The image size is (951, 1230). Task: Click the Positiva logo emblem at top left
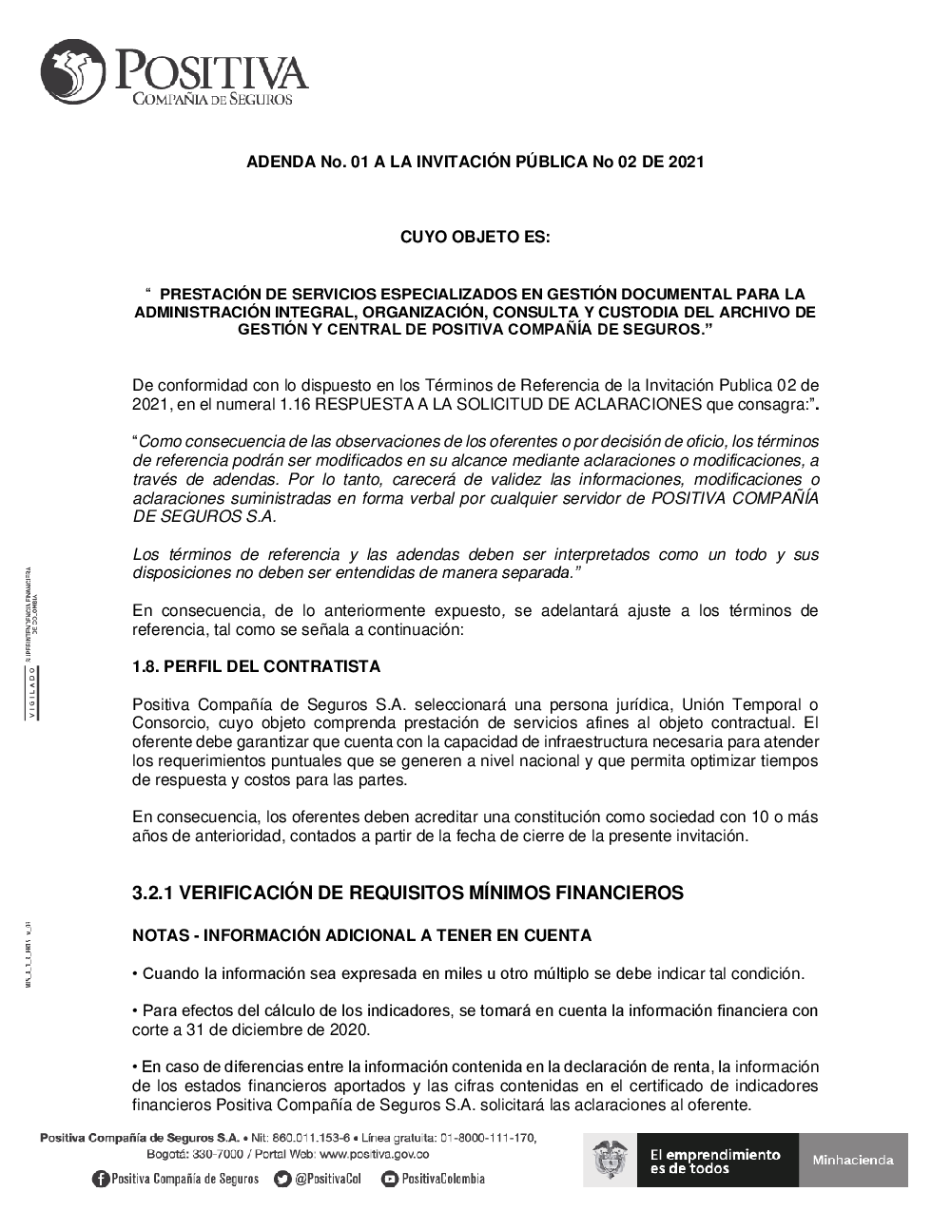coord(74,72)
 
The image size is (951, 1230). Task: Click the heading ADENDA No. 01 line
coord(475,162)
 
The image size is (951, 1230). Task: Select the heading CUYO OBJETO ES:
coord(475,237)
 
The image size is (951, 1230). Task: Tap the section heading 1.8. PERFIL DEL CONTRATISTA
coord(256,666)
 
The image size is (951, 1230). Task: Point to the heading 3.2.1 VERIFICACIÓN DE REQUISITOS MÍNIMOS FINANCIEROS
coord(407,893)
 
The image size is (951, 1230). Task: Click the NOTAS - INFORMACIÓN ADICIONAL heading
coord(361,935)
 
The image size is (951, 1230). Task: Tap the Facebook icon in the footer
coord(101,1179)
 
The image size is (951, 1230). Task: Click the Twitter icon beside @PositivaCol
coord(282,1179)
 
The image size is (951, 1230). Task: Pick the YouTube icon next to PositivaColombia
coord(389,1179)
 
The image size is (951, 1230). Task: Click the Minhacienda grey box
coord(853,1160)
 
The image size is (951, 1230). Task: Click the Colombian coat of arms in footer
coord(611,1161)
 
